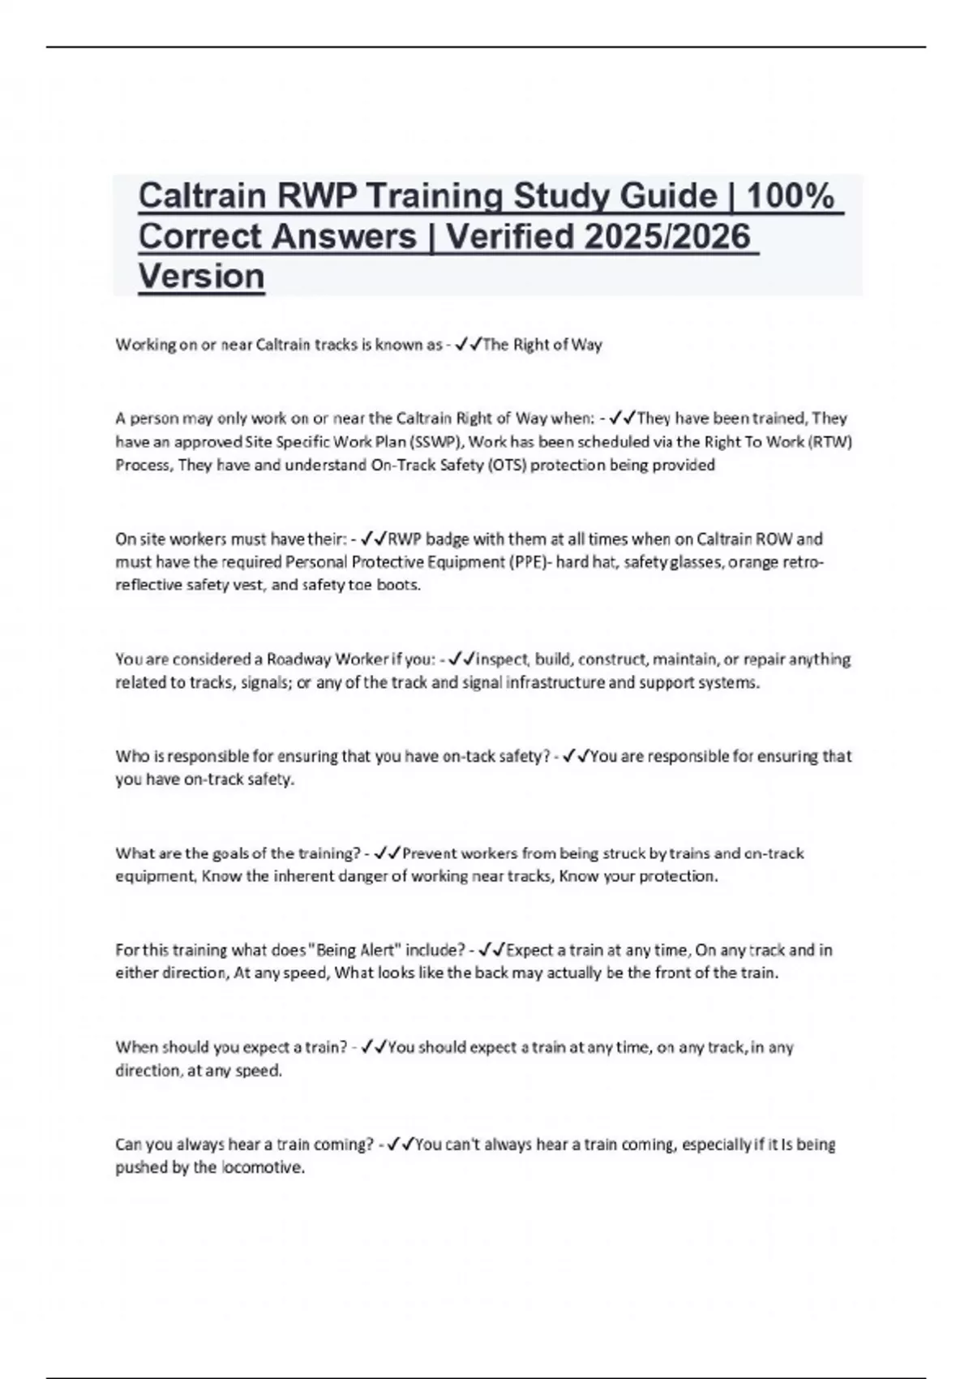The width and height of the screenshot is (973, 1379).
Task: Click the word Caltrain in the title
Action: point(202,195)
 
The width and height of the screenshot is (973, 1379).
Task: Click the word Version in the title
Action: point(201,276)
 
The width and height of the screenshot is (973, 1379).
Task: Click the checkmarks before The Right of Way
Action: point(468,345)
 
